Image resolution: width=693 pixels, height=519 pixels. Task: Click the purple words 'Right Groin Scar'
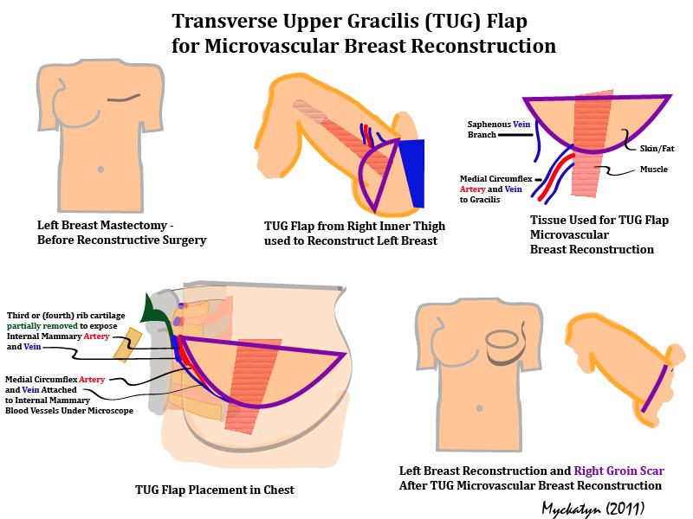619,471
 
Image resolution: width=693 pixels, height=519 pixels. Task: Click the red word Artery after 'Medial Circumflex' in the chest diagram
92,379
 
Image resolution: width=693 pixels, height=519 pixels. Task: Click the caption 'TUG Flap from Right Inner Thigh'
354,226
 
